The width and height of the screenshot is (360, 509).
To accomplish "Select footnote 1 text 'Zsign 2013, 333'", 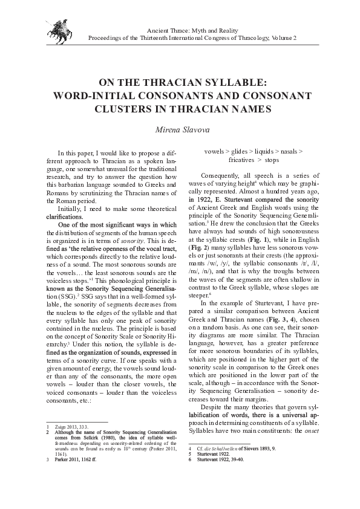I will click(70, 427).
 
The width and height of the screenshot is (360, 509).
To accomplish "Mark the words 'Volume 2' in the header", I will click(284, 37).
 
